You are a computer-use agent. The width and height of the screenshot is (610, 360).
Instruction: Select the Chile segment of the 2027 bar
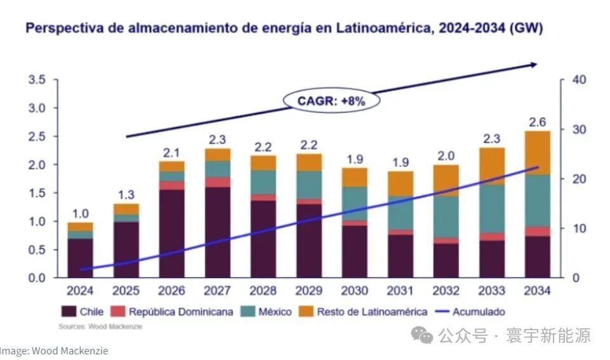coord(217,232)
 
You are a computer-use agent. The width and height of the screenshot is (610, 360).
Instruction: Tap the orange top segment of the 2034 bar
coord(538,152)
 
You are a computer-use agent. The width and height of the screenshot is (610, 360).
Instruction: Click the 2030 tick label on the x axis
coord(354,291)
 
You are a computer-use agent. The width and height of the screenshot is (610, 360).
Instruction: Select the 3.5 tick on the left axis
coord(36,80)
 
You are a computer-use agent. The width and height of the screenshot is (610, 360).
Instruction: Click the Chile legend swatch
coord(69,312)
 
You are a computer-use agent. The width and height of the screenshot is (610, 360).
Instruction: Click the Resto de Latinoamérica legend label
coord(369,312)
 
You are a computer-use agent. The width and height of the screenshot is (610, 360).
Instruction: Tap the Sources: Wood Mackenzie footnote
coord(100,326)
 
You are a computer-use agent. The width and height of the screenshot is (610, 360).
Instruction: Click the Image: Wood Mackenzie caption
coord(53,350)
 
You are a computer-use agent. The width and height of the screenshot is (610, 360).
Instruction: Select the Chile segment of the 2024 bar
coord(80,258)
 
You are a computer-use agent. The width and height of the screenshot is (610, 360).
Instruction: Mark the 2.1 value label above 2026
coord(171,152)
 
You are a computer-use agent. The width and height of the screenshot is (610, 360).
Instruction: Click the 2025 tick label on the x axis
coord(126,291)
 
